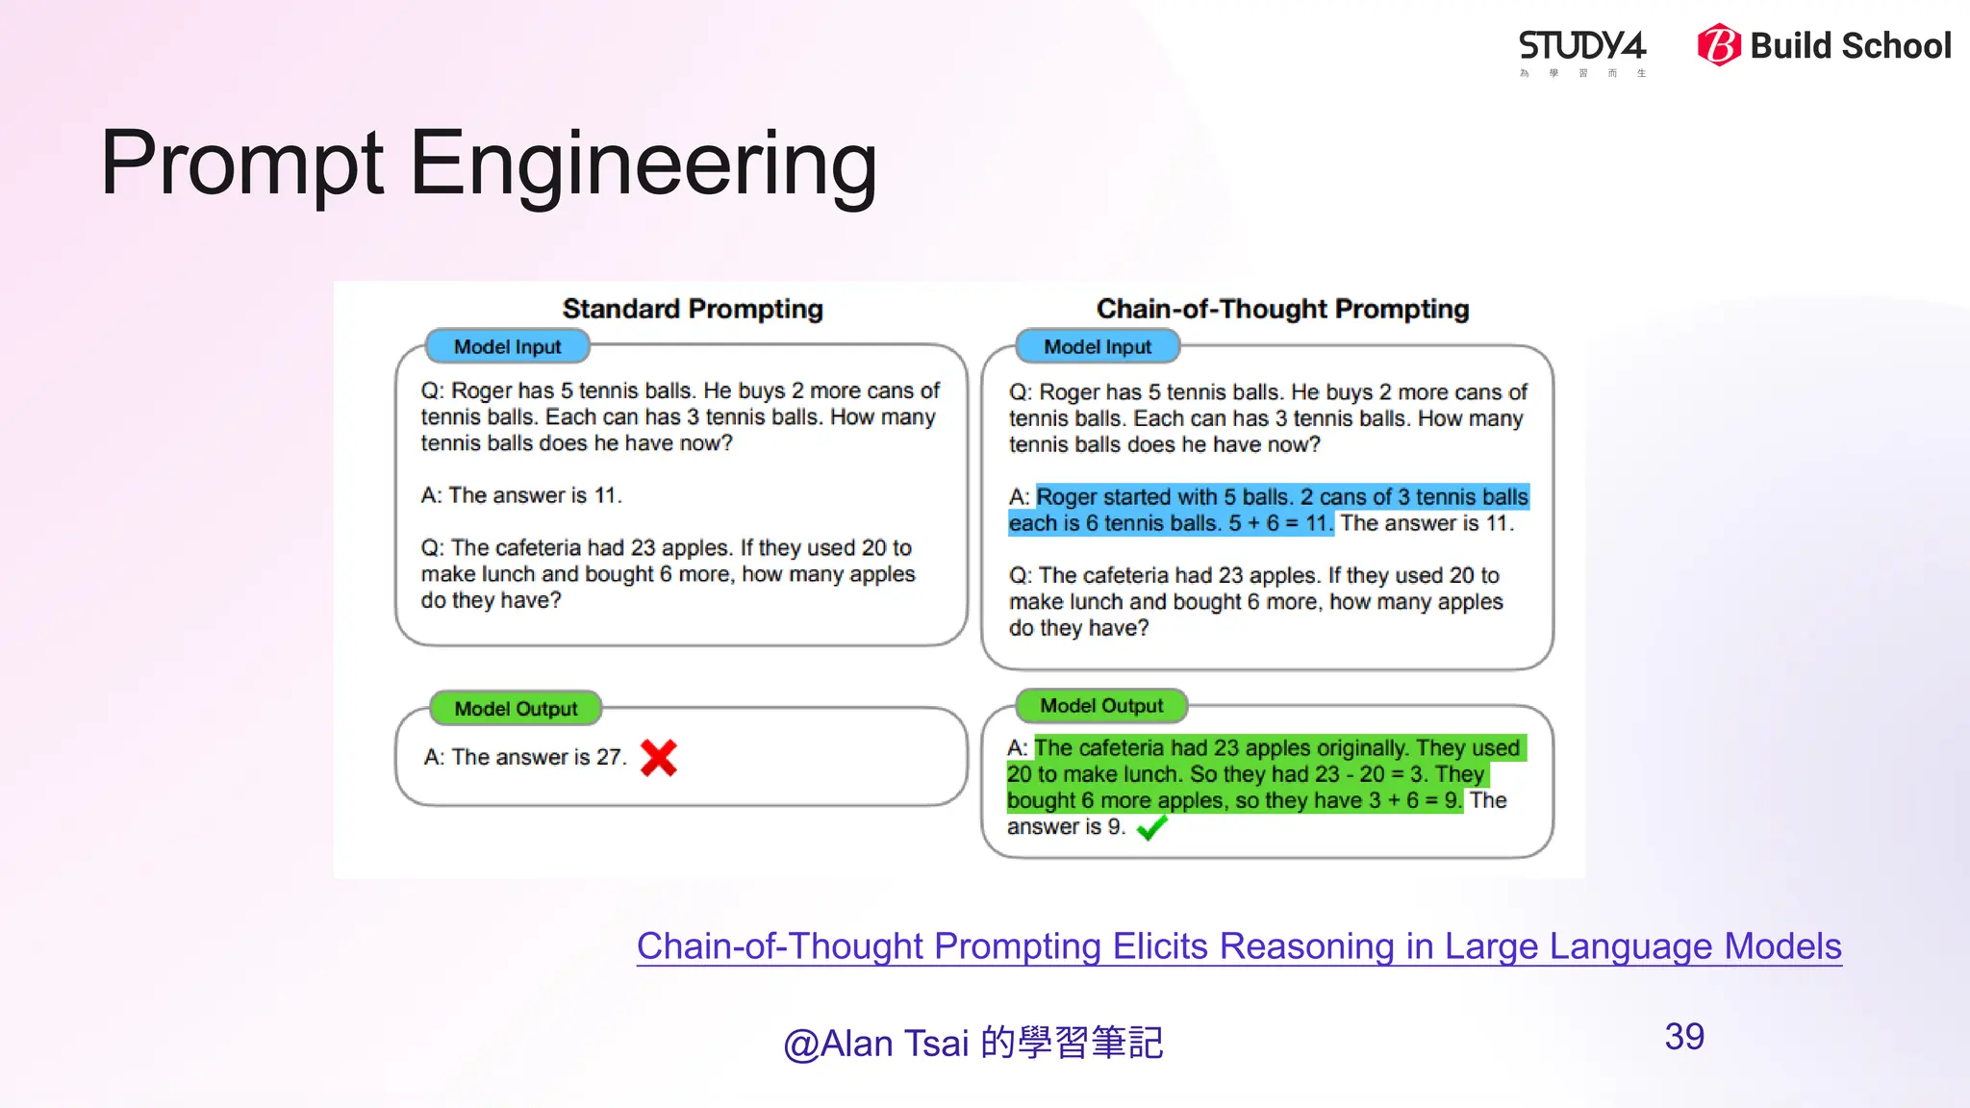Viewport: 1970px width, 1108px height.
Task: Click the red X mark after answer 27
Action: tap(659, 758)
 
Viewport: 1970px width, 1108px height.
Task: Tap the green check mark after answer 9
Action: tap(1150, 827)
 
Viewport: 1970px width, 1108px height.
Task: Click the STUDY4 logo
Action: tap(1581, 47)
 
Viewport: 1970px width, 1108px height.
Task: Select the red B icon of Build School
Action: tap(1718, 45)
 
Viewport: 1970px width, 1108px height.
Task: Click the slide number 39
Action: tap(1683, 1037)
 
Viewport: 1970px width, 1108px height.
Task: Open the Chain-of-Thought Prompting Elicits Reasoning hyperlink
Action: tap(1239, 946)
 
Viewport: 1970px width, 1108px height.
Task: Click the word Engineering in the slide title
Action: tap(643, 164)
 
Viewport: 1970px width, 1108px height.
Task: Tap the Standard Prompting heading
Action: tap(693, 309)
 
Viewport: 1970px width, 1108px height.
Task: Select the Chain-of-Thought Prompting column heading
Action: tap(1282, 309)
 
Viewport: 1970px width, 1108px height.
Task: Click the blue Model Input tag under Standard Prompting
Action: tap(507, 346)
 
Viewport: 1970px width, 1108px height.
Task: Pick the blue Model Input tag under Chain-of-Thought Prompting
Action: tap(1098, 346)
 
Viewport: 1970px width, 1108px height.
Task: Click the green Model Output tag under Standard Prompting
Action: tap(516, 709)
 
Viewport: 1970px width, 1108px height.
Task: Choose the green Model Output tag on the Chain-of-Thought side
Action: tap(1101, 706)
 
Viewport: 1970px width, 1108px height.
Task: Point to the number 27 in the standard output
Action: tap(609, 757)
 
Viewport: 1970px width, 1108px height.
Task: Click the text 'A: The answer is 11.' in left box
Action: tap(521, 495)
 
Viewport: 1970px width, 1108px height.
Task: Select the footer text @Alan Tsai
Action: tap(876, 1044)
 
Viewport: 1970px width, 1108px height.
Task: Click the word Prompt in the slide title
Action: tap(242, 164)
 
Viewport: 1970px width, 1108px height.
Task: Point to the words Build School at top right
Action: tap(1850, 45)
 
